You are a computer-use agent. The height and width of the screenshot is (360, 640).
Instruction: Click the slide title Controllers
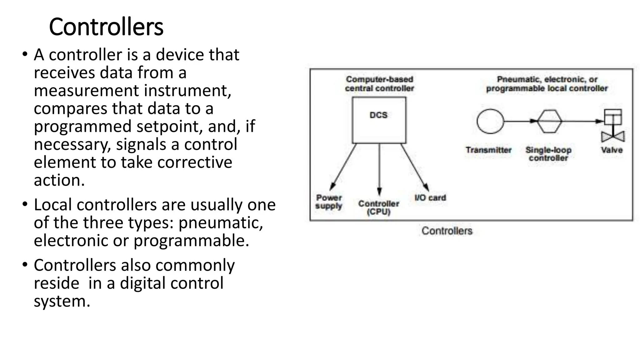(x=106, y=27)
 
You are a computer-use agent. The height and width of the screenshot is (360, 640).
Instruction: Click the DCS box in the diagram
(x=379, y=120)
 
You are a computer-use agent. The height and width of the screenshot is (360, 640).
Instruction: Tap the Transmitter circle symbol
(x=490, y=121)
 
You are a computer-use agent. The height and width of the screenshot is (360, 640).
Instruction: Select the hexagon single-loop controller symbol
(x=549, y=121)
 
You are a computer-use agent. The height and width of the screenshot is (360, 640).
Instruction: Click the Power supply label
(x=329, y=202)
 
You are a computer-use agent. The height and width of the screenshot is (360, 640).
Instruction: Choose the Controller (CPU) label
(x=379, y=208)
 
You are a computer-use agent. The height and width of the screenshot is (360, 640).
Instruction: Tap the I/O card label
(x=430, y=198)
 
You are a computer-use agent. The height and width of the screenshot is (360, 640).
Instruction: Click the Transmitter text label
(x=488, y=150)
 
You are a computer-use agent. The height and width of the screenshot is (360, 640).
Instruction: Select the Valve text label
(x=612, y=150)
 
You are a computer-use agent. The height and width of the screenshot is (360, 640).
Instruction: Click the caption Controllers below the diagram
(x=447, y=231)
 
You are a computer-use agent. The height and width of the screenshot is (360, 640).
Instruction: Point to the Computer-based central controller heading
(x=379, y=84)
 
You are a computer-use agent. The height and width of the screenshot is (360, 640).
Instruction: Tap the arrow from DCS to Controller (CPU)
(x=379, y=169)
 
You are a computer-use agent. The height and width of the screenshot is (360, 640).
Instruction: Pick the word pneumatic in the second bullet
(x=220, y=223)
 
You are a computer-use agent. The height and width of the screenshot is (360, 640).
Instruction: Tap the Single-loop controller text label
(x=548, y=154)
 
